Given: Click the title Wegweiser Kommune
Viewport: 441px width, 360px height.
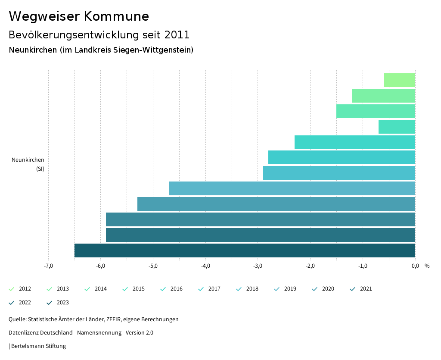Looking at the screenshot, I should (79, 16).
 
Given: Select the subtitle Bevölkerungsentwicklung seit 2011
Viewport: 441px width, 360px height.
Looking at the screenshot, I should (99, 34).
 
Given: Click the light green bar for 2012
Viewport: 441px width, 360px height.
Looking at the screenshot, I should (399, 80).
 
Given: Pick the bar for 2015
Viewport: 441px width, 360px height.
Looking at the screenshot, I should (397, 127).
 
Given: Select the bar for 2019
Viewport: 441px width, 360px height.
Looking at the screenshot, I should (292, 188).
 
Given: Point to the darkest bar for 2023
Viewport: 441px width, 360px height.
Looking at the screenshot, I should (245, 250).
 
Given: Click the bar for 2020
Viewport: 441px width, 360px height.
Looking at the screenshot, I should (276, 204).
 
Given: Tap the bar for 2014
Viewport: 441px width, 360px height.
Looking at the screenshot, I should (376, 111).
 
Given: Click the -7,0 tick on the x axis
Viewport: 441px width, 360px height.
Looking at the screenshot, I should (48, 266).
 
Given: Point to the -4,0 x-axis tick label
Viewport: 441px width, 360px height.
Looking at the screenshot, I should (205, 266).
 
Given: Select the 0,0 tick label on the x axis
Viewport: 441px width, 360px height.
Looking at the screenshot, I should (415, 266).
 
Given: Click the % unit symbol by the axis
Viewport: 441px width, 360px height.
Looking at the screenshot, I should (427, 266).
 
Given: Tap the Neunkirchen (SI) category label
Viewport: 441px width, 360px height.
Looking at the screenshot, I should (28, 164).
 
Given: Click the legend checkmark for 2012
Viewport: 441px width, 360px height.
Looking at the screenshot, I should (12, 289).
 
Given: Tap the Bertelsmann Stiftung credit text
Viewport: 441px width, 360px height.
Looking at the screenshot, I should (38, 346).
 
